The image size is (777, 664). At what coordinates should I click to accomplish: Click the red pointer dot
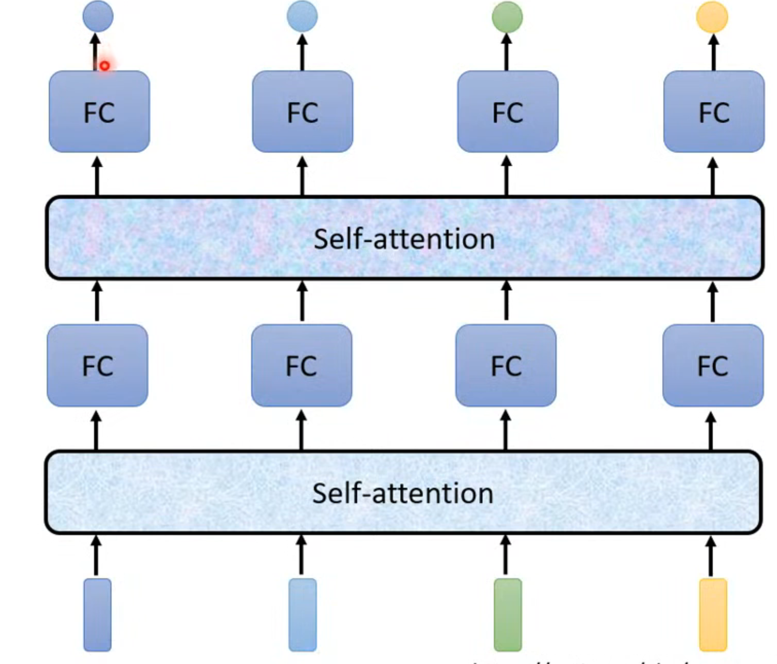click(104, 66)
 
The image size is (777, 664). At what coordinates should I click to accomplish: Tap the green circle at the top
click(507, 17)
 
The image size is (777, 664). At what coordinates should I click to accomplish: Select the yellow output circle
click(712, 17)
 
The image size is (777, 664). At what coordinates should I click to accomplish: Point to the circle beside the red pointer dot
click(98, 16)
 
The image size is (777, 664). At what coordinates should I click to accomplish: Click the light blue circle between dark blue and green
click(302, 16)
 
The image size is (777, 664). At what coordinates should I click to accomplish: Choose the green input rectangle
click(508, 615)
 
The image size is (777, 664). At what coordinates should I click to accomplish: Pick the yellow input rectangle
click(713, 615)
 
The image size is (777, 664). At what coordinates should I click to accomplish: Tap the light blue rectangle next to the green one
click(303, 615)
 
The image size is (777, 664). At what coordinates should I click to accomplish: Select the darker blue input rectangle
click(98, 615)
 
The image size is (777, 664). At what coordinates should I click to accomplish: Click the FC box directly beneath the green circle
click(508, 112)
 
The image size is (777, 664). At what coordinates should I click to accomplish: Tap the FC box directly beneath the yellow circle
click(714, 112)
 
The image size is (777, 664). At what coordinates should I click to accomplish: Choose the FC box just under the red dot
click(99, 112)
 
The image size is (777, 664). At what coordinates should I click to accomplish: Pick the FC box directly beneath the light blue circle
click(303, 112)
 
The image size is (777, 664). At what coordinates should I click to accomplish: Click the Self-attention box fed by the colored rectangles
click(403, 492)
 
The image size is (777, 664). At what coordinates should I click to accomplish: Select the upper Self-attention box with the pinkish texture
click(404, 238)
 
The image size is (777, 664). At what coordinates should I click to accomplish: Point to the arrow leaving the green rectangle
click(506, 555)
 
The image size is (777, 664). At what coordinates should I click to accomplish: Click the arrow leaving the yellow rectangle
click(711, 555)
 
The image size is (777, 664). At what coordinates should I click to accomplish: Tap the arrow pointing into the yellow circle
click(714, 51)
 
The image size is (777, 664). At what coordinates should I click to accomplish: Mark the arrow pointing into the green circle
click(507, 51)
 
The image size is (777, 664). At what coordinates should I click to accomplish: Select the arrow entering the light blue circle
click(302, 51)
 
